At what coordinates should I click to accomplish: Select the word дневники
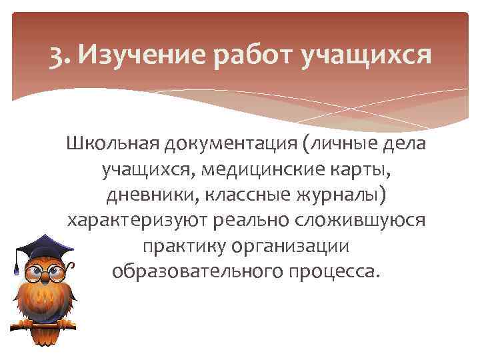[152, 196]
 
